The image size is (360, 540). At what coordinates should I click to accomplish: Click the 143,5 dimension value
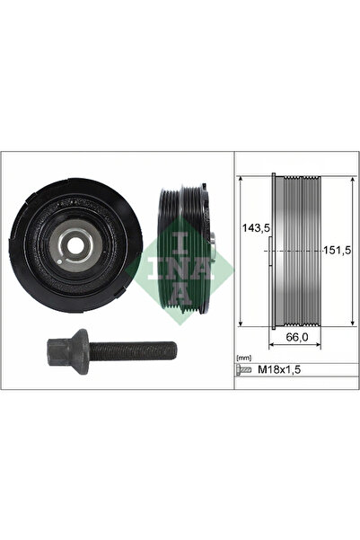pos(254,228)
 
